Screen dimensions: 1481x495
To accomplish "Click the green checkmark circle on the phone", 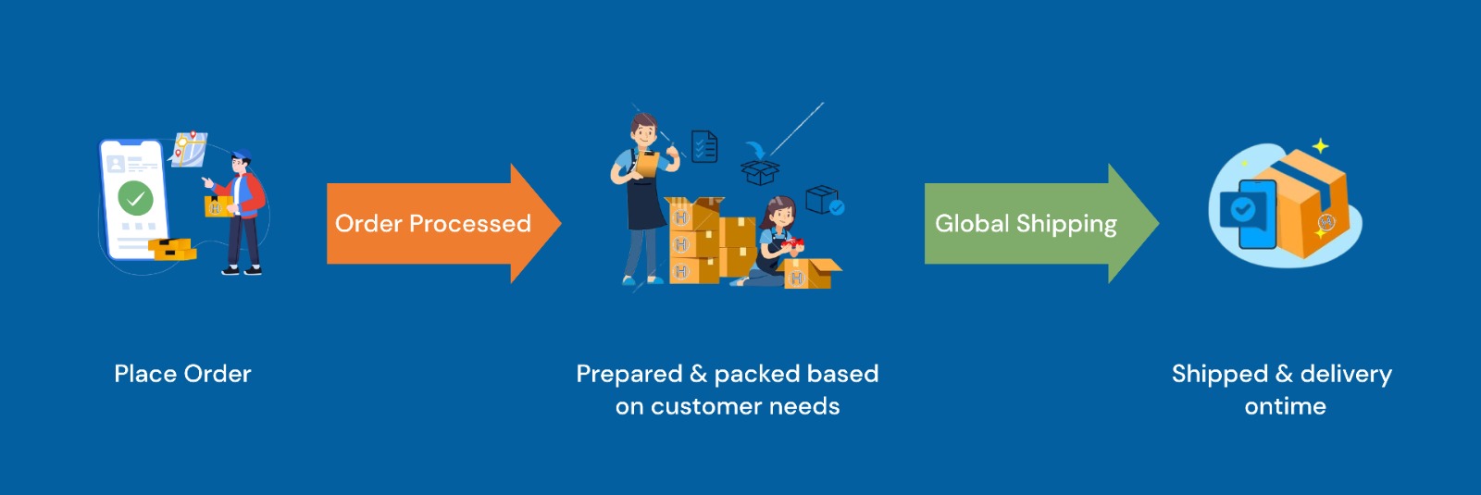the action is coord(135,198).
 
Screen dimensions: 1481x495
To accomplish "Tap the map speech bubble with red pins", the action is coord(189,149).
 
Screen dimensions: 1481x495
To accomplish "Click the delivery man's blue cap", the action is coord(241,155).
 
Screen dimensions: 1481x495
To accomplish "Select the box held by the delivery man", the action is coord(218,206).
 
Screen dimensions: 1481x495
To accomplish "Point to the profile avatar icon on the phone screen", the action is coord(116,163).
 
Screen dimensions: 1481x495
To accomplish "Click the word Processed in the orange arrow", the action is coord(470,223).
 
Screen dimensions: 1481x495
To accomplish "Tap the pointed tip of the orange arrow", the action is coord(561,223).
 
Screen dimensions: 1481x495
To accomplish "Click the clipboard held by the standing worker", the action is coord(647,164).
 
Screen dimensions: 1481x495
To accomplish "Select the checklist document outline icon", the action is coord(704,146).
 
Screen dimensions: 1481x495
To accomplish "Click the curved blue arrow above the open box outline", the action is coord(755,150).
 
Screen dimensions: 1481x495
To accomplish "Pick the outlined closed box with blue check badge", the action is coord(825,200).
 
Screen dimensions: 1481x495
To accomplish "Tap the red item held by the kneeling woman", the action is coord(791,244).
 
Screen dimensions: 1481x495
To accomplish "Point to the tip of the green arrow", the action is coord(1158,223).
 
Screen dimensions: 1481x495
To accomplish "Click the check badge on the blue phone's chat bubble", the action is coord(1243,210).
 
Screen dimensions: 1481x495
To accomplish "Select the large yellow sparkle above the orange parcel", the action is coord(1320,146).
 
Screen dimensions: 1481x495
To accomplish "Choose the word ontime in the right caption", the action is coord(1286,406).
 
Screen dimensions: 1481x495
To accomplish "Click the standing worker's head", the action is coord(644,130).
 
